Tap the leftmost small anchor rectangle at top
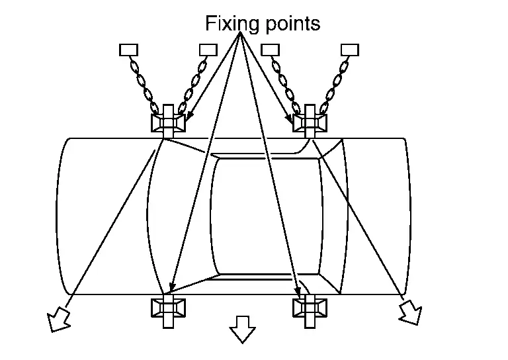click(127, 49)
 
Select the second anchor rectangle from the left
click(208, 49)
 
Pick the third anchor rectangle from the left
click(271, 49)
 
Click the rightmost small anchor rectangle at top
click(349, 49)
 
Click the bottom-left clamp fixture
click(168, 308)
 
